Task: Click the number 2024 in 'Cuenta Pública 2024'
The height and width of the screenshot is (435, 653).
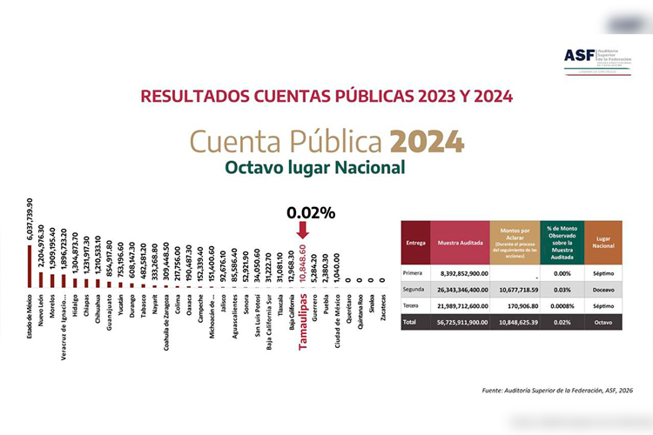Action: pyautogui.click(x=427, y=142)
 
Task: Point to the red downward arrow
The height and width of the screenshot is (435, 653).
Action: pyautogui.click(x=301, y=229)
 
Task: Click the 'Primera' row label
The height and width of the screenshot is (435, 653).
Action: pyautogui.click(x=414, y=272)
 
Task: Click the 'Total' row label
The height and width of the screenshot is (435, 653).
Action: pyautogui.click(x=412, y=322)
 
